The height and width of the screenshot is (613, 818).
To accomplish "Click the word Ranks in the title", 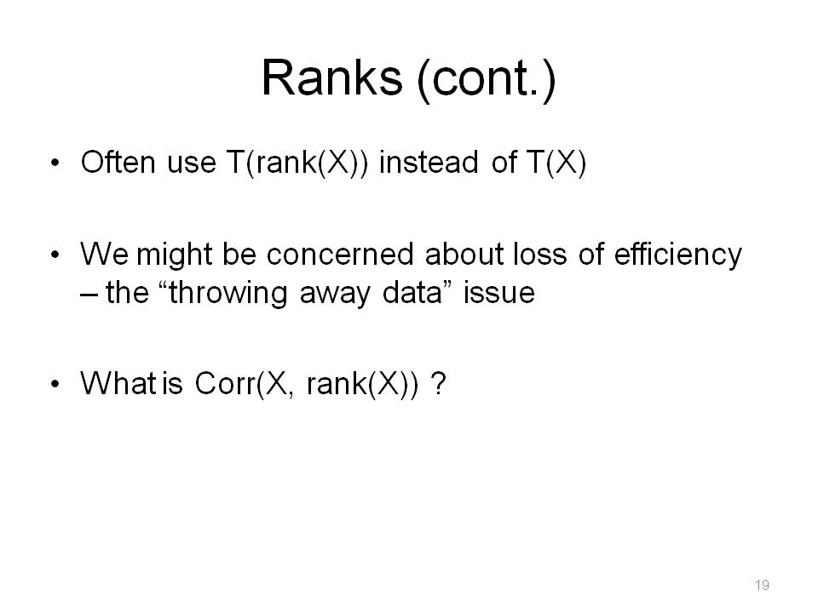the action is [331, 77].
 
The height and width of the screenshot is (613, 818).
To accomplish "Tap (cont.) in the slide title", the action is [487, 80].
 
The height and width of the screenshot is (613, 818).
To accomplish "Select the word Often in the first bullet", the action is [118, 162].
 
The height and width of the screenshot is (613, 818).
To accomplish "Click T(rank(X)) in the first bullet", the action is [297, 163].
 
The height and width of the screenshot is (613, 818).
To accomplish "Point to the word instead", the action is [429, 162].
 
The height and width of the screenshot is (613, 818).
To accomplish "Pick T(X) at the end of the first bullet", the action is [556, 163].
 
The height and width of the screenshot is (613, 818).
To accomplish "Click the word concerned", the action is [341, 255].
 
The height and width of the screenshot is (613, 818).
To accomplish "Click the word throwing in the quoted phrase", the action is [228, 294].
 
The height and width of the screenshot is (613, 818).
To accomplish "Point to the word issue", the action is [498, 292].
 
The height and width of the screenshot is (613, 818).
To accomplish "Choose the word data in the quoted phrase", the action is [412, 292].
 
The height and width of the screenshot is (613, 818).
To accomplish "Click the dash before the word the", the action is [89, 295].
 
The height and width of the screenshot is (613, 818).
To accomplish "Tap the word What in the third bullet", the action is [118, 383].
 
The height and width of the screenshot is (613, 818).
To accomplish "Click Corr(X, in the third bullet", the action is [241, 385].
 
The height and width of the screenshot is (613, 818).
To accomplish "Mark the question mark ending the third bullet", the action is [440, 383].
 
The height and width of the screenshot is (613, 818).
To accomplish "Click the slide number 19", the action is [762, 585].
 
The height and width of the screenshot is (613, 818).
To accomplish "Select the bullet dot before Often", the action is [55, 163].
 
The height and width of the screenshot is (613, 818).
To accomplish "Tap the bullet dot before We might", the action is [55, 255].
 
